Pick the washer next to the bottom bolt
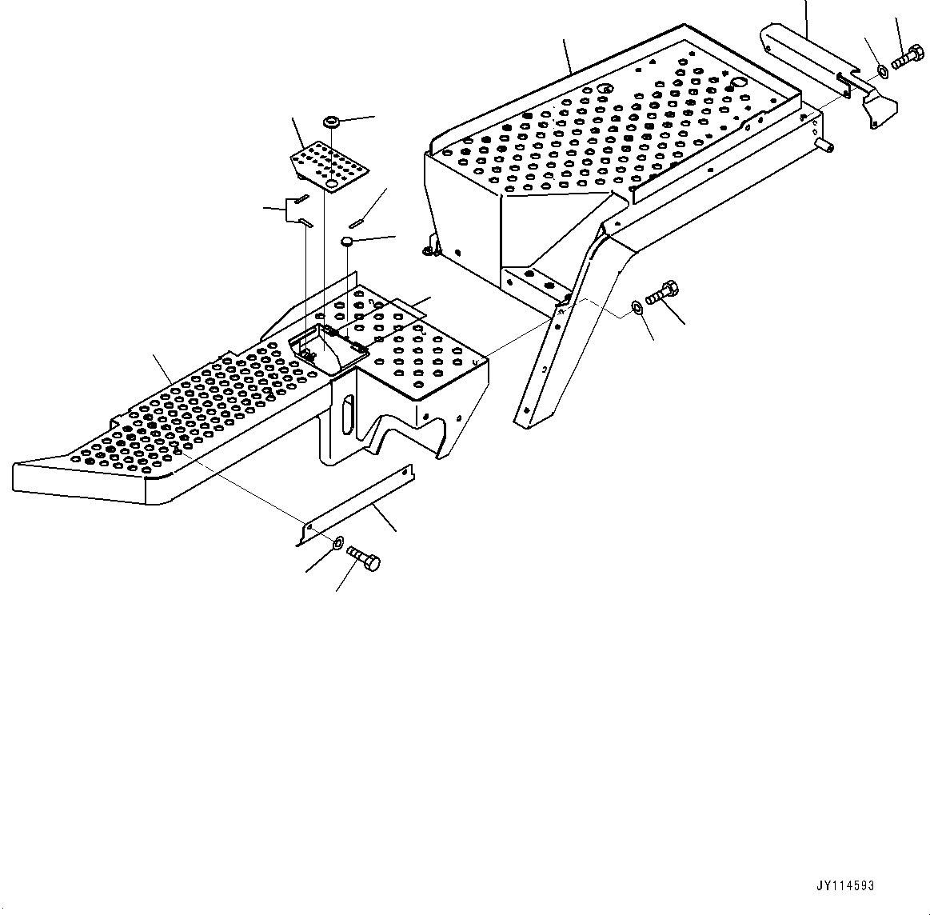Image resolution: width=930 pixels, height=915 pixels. (x=337, y=544)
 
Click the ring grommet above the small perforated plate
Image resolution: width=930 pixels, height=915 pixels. (x=330, y=122)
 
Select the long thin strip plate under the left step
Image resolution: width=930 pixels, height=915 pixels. (x=356, y=503)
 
